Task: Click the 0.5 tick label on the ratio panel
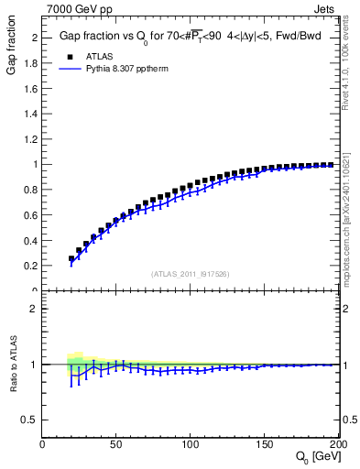pyautogui.click(x=30, y=420)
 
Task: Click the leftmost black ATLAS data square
pyautogui.click(x=71, y=259)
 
